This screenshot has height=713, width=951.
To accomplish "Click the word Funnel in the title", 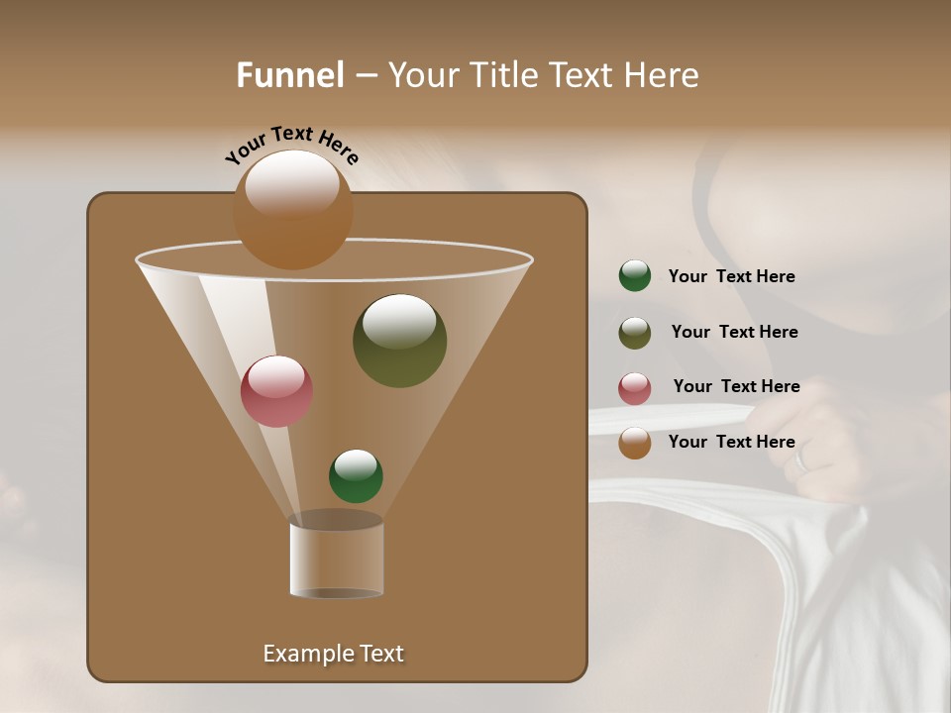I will click(290, 75).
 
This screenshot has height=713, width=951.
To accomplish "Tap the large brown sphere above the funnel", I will click(292, 209).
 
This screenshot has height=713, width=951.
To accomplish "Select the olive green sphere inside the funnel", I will click(399, 341).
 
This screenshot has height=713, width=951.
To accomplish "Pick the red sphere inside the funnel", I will click(277, 391).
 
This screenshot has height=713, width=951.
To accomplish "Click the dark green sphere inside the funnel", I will click(356, 476).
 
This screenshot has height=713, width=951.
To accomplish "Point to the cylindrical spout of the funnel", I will click(336, 560).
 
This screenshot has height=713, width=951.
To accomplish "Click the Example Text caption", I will click(333, 654).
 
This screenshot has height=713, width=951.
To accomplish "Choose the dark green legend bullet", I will click(635, 276).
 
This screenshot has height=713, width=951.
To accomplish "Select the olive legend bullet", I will click(635, 333).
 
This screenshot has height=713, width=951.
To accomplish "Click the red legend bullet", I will click(635, 388).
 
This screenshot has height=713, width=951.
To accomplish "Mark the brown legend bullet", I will click(635, 443).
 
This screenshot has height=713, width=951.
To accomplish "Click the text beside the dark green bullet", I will click(731, 276).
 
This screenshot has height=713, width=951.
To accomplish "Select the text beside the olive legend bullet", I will click(734, 332).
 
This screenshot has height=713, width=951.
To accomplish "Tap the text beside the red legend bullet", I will click(736, 386).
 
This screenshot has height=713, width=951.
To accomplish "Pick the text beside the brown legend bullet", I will click(731, 442).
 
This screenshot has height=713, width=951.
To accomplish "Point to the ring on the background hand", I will click(802, 458).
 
